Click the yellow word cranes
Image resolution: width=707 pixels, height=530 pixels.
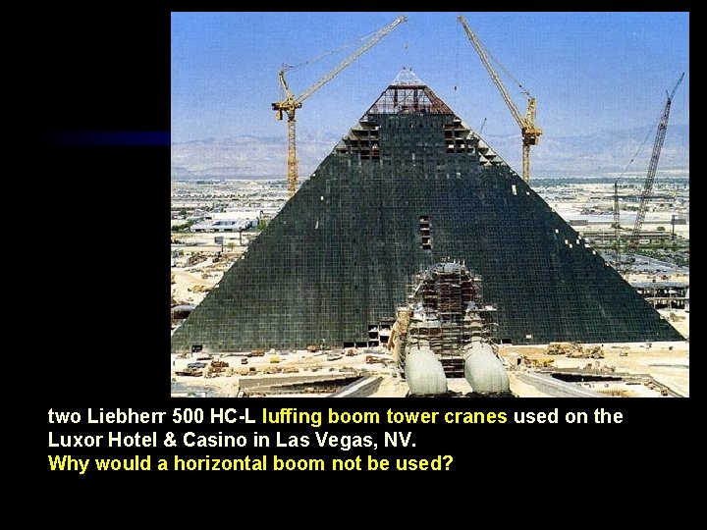tap(475, 416)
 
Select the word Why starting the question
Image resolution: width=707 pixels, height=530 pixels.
tap(68, 463)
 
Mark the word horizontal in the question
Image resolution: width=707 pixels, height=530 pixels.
tap(221, 463)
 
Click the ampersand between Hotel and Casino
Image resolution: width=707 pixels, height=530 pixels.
tap(164, 440)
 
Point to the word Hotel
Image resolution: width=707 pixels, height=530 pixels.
tap(128, 440)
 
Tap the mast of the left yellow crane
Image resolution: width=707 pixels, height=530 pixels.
tap(291, 147)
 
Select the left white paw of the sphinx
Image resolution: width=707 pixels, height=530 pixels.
tap(425, 370)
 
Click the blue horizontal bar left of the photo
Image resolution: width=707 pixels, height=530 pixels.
tap(108, 139)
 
